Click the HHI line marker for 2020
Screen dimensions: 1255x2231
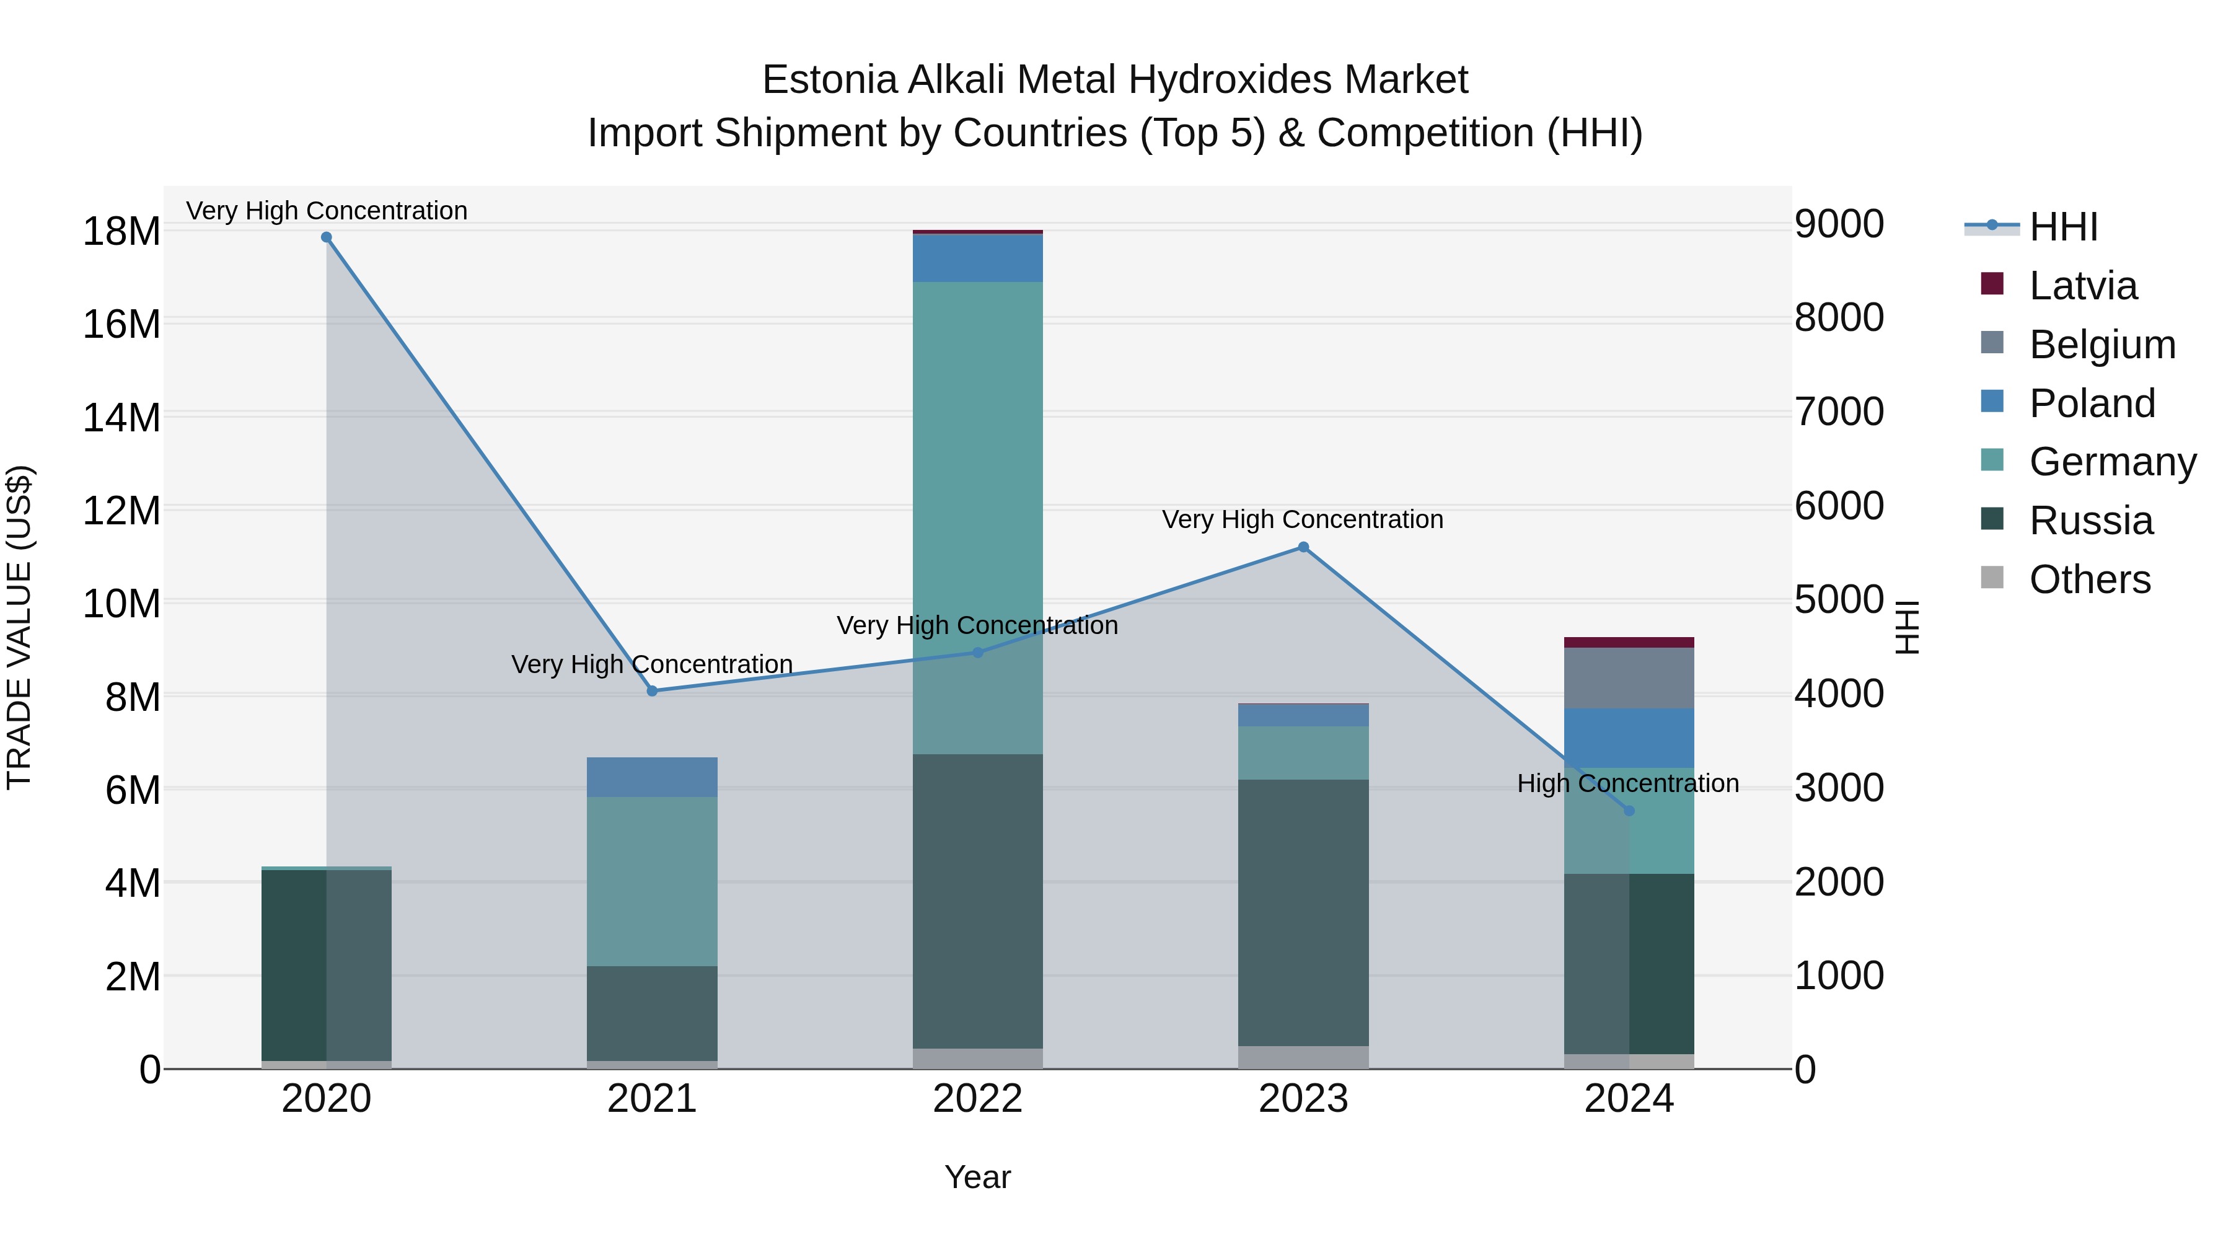[327, 237]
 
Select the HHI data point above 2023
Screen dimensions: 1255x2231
[1303, 547]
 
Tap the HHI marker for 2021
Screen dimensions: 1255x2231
[652, 691]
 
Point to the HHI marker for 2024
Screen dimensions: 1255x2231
[1629, 811]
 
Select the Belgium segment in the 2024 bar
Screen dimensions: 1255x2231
[1629, 678]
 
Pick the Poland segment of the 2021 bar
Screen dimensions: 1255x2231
[652, 777]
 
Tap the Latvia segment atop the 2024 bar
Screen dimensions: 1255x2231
[1629, 643]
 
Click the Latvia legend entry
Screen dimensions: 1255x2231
[2083, 286]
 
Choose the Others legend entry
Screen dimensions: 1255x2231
[2089, 579]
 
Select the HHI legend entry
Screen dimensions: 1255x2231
[2063, 227]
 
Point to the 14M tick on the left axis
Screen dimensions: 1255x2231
[121, 418]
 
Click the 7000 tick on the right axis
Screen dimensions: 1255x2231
[1839, 412]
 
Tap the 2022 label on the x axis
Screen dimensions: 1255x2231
[978, 1099]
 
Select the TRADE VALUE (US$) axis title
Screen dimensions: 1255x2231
[20, 627]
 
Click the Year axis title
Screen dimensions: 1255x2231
[978, 1177]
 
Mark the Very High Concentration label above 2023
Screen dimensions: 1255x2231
[1303, 520]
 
